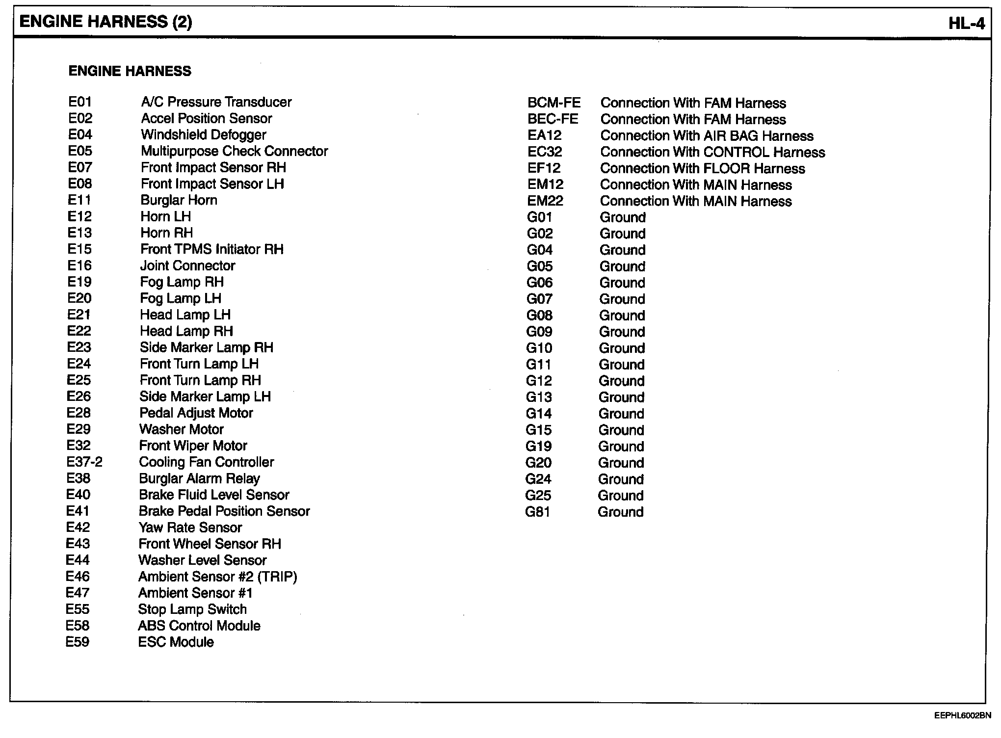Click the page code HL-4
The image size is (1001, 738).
tap(966, 24)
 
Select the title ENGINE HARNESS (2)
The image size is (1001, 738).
tap(105, 22)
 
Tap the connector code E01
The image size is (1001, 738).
tap(80, 102)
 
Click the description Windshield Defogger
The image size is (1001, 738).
tap(204, 135)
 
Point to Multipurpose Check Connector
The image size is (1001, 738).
tap(234, 151)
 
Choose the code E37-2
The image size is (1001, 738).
tap(84, 462)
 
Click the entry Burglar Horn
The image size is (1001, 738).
tap(179, 200)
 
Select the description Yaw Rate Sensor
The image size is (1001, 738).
tap(190, 527)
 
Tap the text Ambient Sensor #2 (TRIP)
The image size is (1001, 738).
tap(217, 577)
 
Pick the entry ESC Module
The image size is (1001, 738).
tap(176, 642)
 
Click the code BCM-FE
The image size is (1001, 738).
tap(554, 103)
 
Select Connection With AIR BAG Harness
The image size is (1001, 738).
tap(707, 136)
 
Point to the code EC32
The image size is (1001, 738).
tap(545, 152)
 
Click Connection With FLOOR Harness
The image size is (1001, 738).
tap(702, 169)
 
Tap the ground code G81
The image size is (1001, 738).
tap(538, 512)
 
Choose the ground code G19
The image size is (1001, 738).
tap(538, 447)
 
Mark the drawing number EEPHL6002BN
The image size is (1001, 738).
tap(962, 716)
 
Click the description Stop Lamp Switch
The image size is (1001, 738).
tap(192, 609)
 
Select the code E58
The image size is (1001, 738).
tap(78, 626)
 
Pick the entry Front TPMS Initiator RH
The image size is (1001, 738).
tap(212, 249)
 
